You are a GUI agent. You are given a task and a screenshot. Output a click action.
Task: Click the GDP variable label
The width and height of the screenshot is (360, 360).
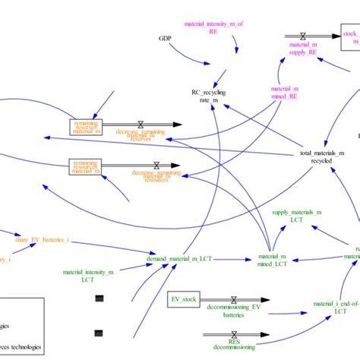pyautogui.click(x=165, y=38)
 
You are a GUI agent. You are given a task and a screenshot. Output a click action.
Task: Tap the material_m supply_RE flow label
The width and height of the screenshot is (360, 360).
pyautogui.click(x=302, y=49)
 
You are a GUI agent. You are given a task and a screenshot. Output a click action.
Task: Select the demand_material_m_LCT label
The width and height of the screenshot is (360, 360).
pyautogui.click(x=182, y=260)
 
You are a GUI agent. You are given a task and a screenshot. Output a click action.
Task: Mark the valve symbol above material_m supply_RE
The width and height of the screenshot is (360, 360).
pyautogui.click(x=302, y=36)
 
